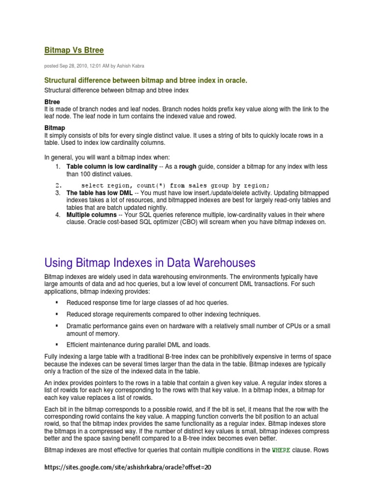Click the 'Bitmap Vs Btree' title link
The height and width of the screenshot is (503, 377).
(74, 50)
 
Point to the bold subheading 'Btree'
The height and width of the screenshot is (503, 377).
(52, 102)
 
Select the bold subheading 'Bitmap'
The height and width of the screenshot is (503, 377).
(54, 128)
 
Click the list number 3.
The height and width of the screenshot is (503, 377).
(57, 193)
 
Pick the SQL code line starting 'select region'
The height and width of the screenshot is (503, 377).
(175, 185)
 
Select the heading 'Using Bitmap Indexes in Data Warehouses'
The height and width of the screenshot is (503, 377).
(150, 262)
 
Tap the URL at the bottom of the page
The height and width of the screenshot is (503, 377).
(127, 468)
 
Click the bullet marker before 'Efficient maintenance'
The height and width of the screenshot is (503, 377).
(57, 344)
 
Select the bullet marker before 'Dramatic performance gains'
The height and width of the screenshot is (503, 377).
(57, 326)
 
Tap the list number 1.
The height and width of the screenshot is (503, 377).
(57, 167)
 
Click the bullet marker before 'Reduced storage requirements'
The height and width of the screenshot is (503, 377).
(57, 314)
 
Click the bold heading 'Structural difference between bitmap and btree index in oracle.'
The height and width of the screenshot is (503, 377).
(146, 80)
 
